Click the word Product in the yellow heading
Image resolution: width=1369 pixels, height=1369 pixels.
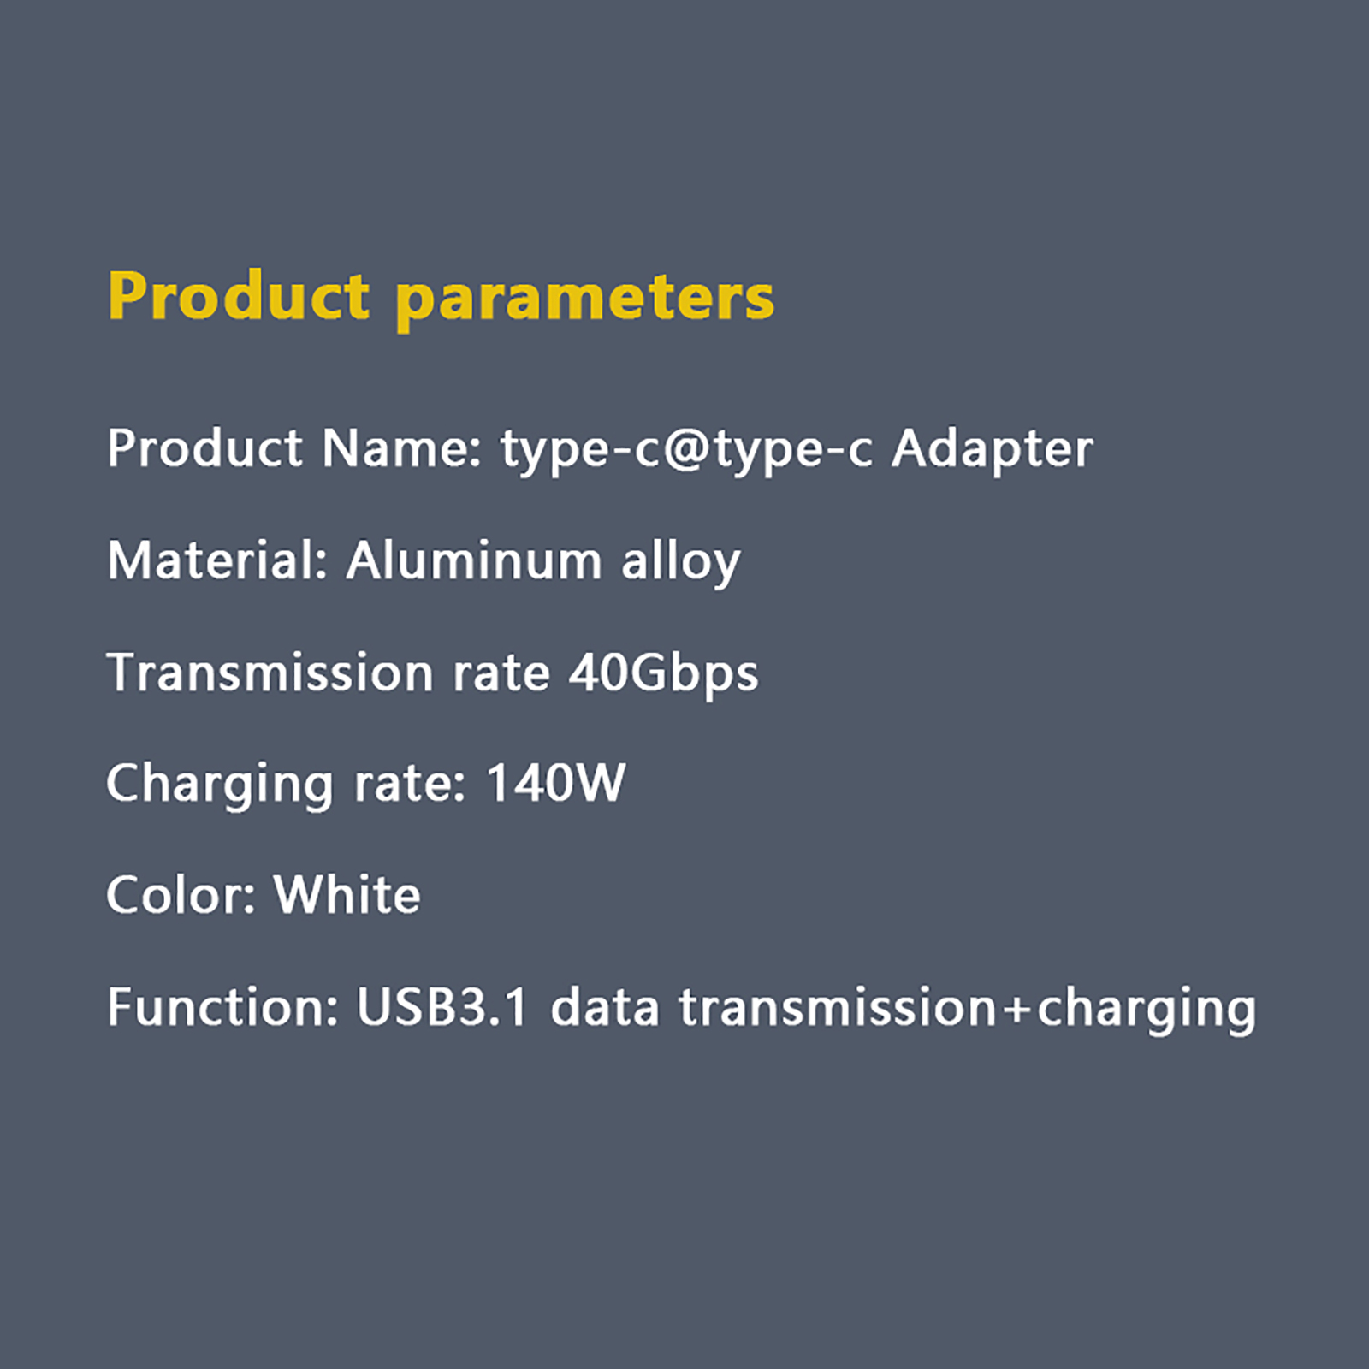point(239,296)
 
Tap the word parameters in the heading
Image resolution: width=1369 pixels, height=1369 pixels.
point(585,300)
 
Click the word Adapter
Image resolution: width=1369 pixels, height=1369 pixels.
point(993,450)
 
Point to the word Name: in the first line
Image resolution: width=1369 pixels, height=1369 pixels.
point(401,448)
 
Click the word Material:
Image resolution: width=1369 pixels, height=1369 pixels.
point(217,560)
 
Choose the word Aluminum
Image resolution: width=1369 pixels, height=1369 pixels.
point(474,560)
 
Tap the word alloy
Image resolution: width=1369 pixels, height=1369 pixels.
point(681,562)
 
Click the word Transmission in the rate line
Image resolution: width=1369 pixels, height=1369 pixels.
point(270,672)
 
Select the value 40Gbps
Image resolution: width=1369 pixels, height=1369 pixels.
point(664,673)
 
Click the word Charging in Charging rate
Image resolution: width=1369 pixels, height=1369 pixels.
point(219,785)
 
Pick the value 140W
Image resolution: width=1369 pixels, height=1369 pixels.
point(555,783)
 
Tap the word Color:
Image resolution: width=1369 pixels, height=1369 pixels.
point(181,895)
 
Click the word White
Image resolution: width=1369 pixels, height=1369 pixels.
point(347,894)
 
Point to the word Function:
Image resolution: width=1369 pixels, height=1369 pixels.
point(222,1007)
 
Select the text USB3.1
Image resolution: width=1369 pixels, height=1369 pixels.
point(442,1007)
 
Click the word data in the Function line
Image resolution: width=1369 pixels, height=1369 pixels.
point(605,1006)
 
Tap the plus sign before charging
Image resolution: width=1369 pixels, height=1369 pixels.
point(1017,1010)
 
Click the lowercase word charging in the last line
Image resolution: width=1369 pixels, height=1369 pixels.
point(1147,1009)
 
